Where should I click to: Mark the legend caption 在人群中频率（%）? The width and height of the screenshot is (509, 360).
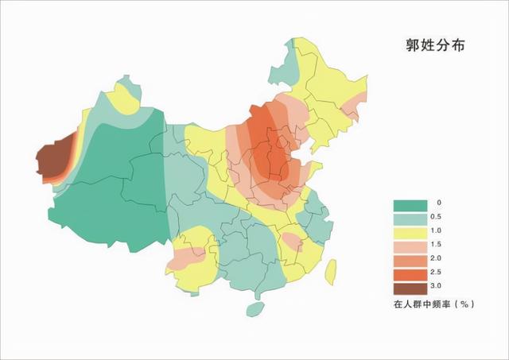(x=433, y=304)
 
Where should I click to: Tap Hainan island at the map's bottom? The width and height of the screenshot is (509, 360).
(x=254, y=308)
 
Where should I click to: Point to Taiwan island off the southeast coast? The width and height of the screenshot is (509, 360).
(x=329, y=271)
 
